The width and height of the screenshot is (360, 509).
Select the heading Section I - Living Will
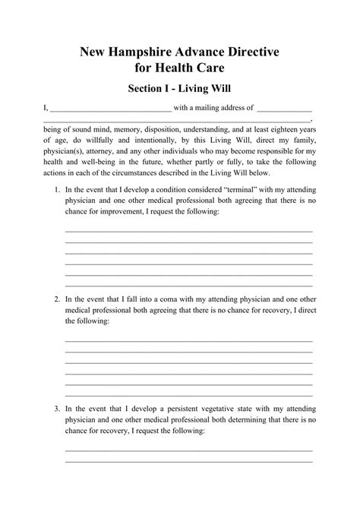[180, 89]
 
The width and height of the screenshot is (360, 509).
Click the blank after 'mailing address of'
[285, 109]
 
